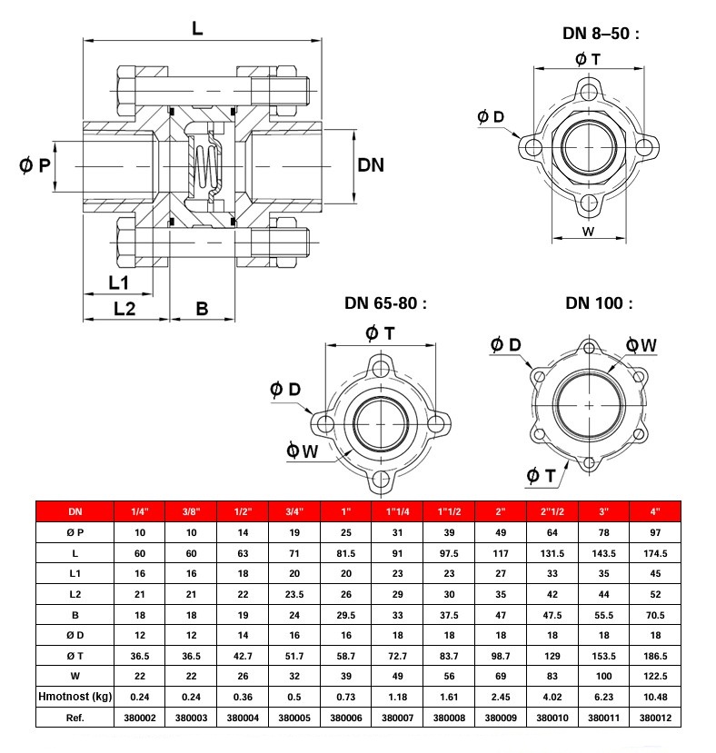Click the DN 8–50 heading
tap(601, 33)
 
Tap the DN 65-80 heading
tap(385, 303)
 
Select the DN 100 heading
tap(599, 303)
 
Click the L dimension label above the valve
tap(197, 29)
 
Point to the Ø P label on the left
tap(35, 165)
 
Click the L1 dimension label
tap(118, 282)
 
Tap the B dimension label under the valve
tap(202, 308)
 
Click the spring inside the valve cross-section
tap(204, 165)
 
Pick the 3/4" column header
tap(294, 511)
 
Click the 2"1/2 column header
tap(552, 511)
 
